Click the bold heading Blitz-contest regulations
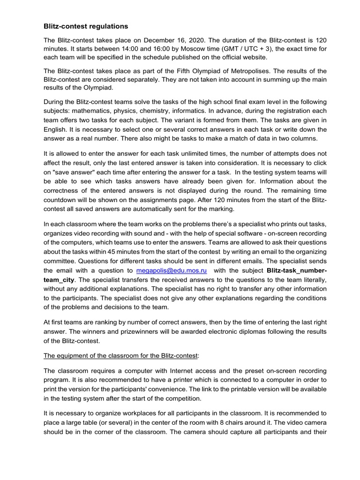[x=86, y=27]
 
